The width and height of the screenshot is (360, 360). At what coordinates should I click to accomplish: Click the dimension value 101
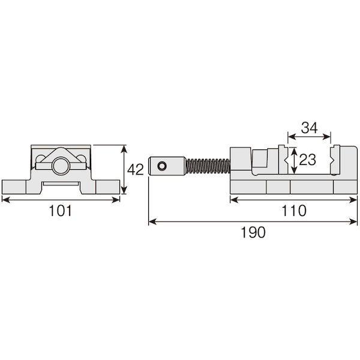(61, 211)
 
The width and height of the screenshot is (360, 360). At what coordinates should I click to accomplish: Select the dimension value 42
(135, 170)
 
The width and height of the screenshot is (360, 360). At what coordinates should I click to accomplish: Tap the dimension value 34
(309, 128)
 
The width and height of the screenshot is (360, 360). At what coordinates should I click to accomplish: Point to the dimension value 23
(308, 160)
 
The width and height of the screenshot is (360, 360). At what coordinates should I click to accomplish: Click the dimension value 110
(294, 211)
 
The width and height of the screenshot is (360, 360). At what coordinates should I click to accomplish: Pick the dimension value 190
(253, 232)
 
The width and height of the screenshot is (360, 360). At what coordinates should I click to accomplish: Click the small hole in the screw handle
(162, 166)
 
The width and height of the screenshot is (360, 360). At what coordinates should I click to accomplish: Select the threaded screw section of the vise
(208, 166)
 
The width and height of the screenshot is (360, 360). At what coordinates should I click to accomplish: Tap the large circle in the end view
(60, 166)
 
